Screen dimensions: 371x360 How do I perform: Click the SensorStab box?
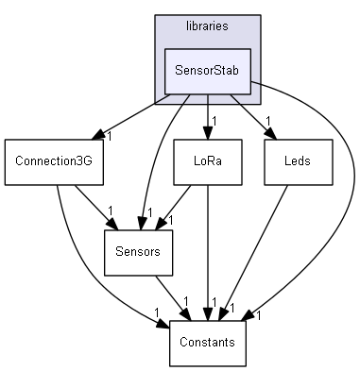(x=207, y=70)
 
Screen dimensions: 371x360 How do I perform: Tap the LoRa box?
(x=207, y=161)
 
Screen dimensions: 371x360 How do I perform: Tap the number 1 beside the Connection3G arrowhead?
(x=109, y=136)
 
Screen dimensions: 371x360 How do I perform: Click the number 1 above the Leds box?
(x=268, y=120)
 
